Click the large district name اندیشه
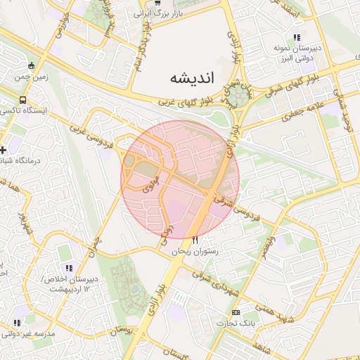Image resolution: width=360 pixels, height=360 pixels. [x=191, y=78]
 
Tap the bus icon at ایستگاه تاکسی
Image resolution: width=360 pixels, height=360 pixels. [x=23, y=100]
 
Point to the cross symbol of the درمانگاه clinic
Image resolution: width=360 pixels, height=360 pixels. [x=4, y=150]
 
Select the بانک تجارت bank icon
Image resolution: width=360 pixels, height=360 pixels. [x=236, y=312]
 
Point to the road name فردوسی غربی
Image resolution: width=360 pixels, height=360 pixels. [x=91, y=129]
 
